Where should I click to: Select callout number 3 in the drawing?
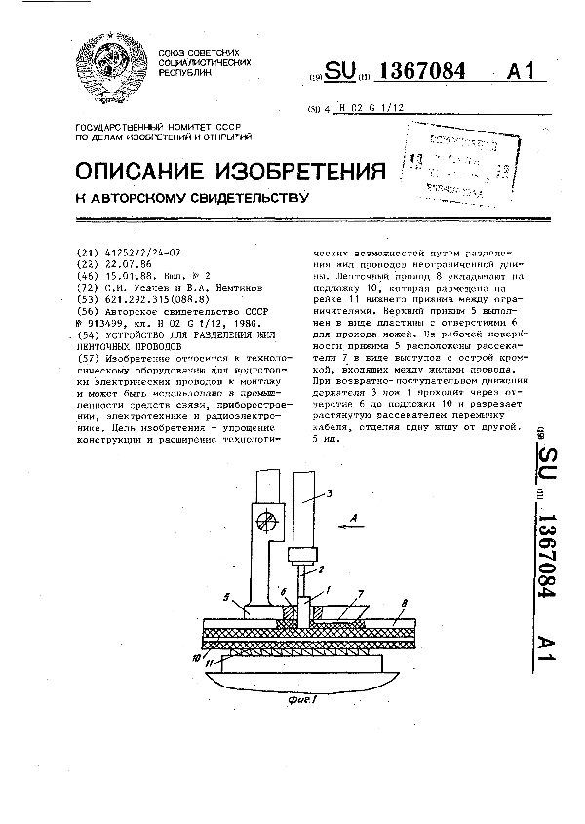coord(331,494)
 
